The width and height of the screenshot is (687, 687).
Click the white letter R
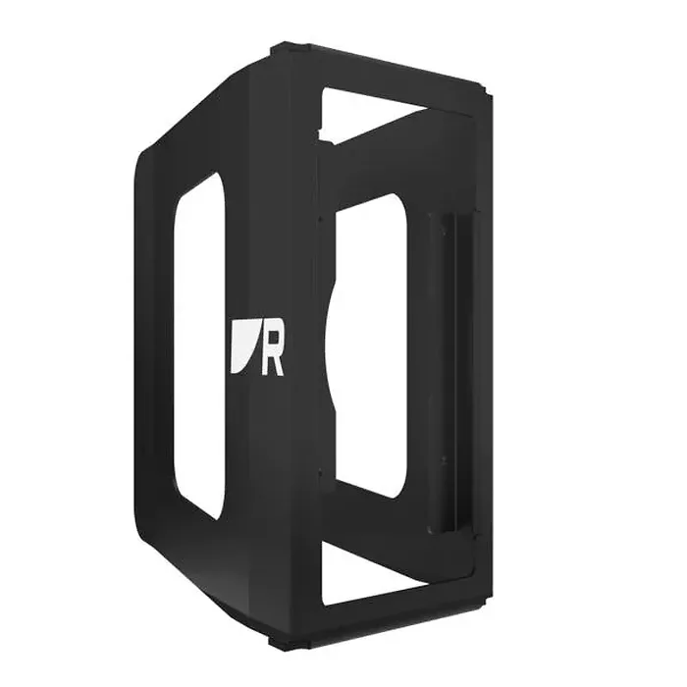tap(272, 351)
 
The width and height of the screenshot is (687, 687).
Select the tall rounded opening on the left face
tap(199, 346)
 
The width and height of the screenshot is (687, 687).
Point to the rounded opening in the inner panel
tap(372, 346)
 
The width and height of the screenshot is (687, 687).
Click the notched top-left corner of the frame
tap(281, 49)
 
